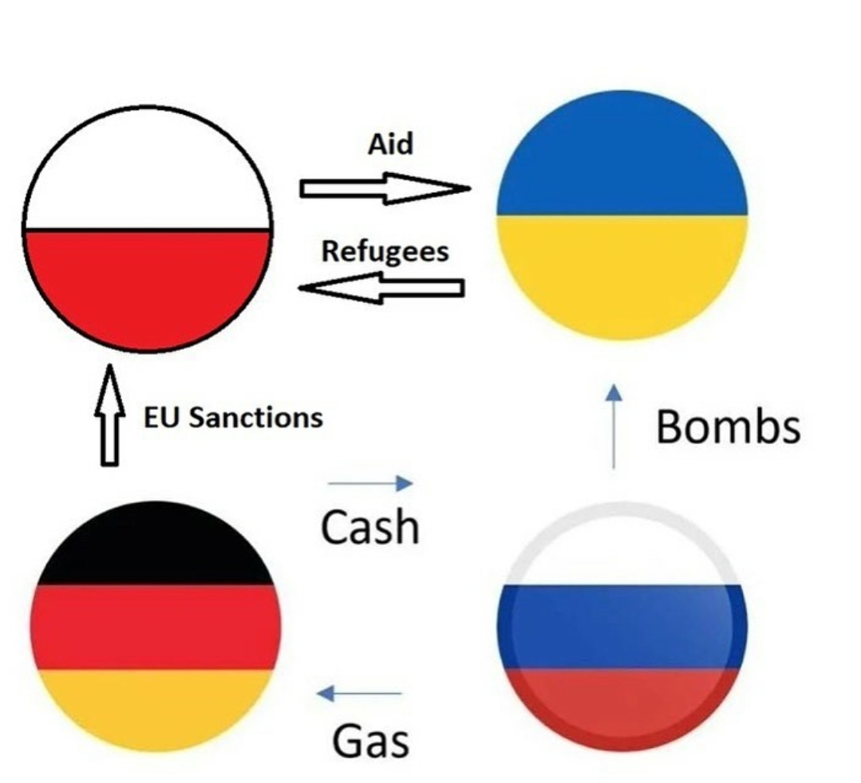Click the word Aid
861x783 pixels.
[x=390, y=144]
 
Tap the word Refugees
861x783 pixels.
[x=385, y=251]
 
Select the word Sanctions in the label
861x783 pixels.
[x=256, y=417]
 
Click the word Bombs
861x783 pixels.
[x=728, y=427]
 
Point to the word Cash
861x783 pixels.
[x=369, y=527]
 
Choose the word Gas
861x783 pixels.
[x=370, y=741]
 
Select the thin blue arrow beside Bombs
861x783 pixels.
[x=613, y=426]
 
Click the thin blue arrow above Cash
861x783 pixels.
[x=370, y=482]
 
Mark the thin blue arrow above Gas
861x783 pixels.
[x=359, y=694]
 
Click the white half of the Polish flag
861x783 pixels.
[x=148, y=171]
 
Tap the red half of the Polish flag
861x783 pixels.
[x=148, y=287]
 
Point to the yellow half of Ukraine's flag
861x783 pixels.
[x=622, y=271]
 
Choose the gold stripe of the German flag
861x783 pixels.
[x=156, y=706]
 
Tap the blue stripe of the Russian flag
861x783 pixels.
[x=621, y=626]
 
